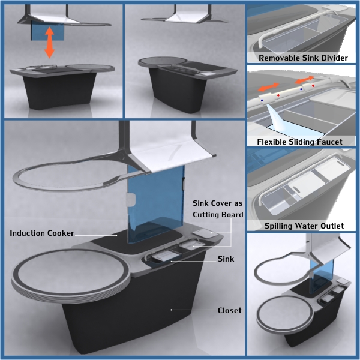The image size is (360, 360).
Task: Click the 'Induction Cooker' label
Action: click(42, 233)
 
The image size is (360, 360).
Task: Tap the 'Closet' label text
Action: click(229, 310)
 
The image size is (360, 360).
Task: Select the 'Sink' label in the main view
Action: click(226, 259)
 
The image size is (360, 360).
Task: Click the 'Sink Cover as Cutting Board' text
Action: click(218, 209)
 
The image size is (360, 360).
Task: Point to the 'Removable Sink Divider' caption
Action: click(303, 58)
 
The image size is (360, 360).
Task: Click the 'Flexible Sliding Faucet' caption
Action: click(299, 142)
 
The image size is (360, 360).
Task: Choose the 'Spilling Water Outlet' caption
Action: click(304, 226)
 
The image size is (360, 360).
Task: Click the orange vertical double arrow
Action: click(49, 43)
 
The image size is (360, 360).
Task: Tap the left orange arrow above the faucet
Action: click(268, 87)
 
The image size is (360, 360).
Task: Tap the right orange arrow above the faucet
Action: click(304, 79)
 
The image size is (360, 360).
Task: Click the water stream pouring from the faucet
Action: click(277, 118)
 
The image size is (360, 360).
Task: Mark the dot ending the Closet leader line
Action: click(171, 310)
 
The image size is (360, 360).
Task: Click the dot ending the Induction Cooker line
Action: click(116, 235)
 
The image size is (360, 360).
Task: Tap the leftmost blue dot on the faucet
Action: click(262, 100)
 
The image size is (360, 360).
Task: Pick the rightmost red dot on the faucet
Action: click(313, 86)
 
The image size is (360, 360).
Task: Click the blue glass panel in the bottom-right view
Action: click(322, 275)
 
